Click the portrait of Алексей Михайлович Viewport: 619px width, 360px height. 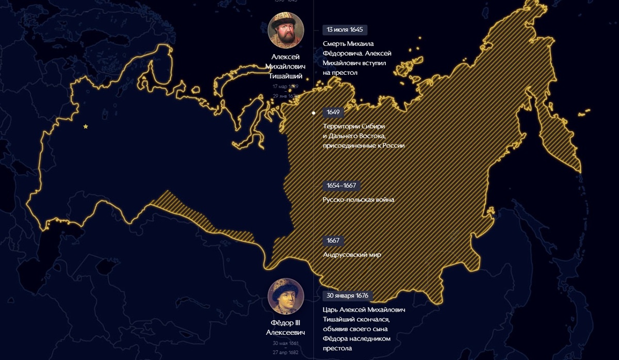[x=286, y=30]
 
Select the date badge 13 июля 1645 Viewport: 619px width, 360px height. [x=345, y=29]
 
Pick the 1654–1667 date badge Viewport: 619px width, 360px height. [x=341, y=185]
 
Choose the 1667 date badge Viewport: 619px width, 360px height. [x=333, y=240]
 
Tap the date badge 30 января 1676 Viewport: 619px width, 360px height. [x=347, y=296]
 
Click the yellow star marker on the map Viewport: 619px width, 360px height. [x=86, y=126]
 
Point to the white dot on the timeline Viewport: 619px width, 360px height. [x=314, y=112]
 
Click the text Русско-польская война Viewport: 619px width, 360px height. [x=358, y=200]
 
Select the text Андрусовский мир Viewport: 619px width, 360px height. [x=352, y=254]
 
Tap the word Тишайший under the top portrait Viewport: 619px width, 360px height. [x=285, y=76]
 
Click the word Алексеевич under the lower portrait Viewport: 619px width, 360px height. [x=286, y=333]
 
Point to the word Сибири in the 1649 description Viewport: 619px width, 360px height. [x=373, y=126]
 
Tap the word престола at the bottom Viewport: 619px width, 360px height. [x=337, y=349]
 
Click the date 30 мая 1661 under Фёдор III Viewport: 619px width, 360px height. [x=286, y=342]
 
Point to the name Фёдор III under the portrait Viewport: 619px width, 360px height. [x=286, y=323]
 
